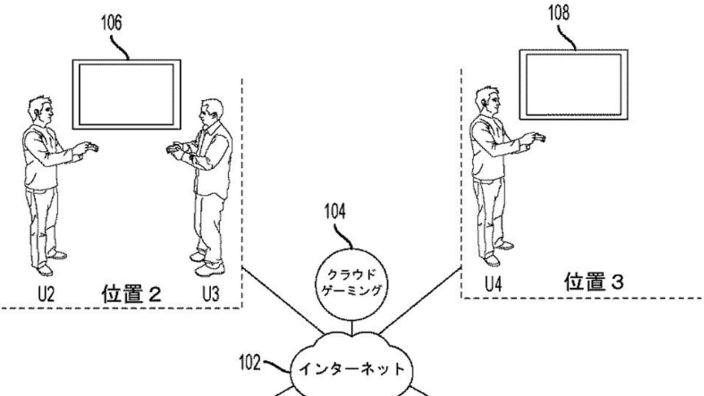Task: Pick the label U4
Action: coord(493,285)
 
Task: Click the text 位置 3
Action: coord(594,284)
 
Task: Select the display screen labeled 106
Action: coord(126,94)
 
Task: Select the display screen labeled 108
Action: coord(573,84)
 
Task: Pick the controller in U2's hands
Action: coord(90,147)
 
